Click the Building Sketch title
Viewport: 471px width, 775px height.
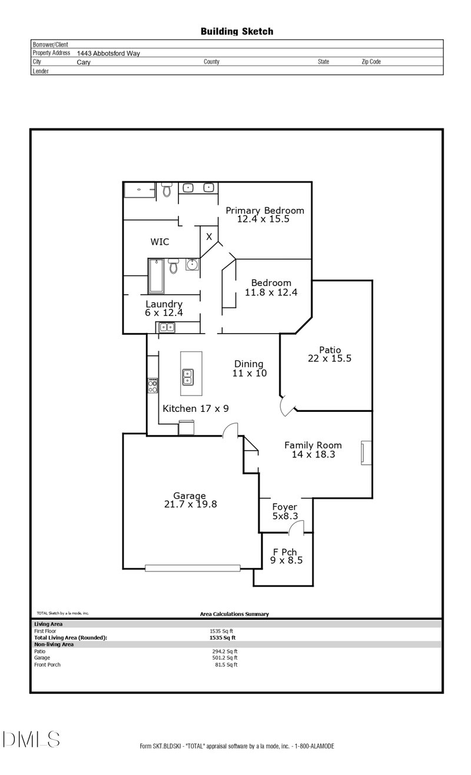click(237, 32)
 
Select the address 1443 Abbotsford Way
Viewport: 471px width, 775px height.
click(108, 54)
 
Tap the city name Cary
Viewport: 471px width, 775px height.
click(84, 62)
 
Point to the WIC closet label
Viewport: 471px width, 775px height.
click(160, 241)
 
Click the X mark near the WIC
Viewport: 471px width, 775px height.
click(209, 237)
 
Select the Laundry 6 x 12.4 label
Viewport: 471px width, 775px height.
click(164, 308)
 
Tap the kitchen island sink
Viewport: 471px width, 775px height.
click(188, 377)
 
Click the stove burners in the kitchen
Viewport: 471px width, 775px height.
click(152, 385)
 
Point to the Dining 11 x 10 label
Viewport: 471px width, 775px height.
click(250, 368)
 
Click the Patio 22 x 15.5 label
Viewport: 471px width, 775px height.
click(330, 354)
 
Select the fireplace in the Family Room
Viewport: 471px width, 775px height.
click(366, 453)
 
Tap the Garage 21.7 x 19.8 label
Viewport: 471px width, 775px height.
click(190, 500)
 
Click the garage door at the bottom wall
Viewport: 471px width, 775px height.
click(193, 568)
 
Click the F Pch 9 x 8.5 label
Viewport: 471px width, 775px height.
click(286, 556)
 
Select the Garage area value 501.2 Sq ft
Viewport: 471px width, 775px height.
click(225, 658)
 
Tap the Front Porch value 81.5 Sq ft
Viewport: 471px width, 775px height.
click(226, 664)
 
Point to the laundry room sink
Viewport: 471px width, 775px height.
click(167, 327)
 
